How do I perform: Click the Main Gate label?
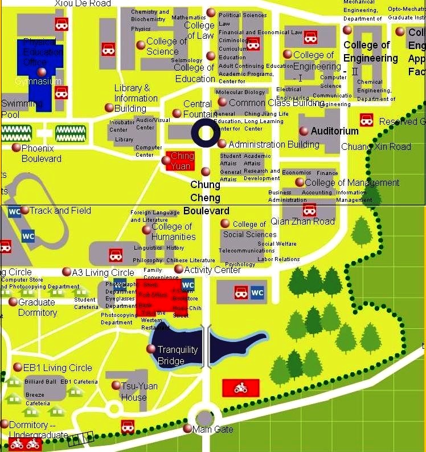click(213, 429)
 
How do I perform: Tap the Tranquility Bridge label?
click(178, 355)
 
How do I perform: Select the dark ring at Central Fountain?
click(205, 133)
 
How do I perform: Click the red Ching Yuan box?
click(182, 161)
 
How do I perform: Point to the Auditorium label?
click(334, 131)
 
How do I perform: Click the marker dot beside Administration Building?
click(222, 144)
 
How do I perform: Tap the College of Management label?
click(352, 183)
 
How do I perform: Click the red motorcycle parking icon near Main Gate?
click(240, 388)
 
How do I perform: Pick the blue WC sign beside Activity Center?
click(188, 285)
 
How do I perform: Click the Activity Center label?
click(213, 270)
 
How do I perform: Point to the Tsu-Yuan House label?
click(139, 391)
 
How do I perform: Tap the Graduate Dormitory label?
click(38, 307)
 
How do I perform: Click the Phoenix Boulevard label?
click(42, 153)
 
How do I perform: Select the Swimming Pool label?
click(22, 109)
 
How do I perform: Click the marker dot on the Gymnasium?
click(41, 72)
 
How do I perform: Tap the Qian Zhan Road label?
click(302, 221)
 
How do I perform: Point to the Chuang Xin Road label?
click(376, 146)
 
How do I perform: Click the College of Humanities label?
click(173, 231)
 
